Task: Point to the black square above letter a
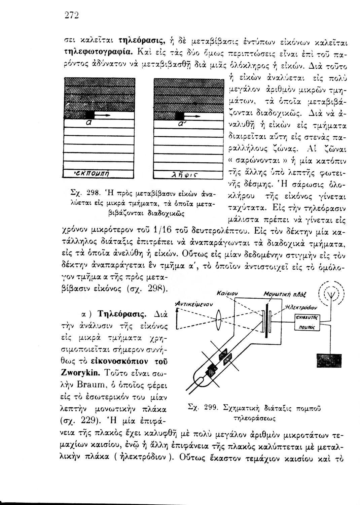point(90,114)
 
